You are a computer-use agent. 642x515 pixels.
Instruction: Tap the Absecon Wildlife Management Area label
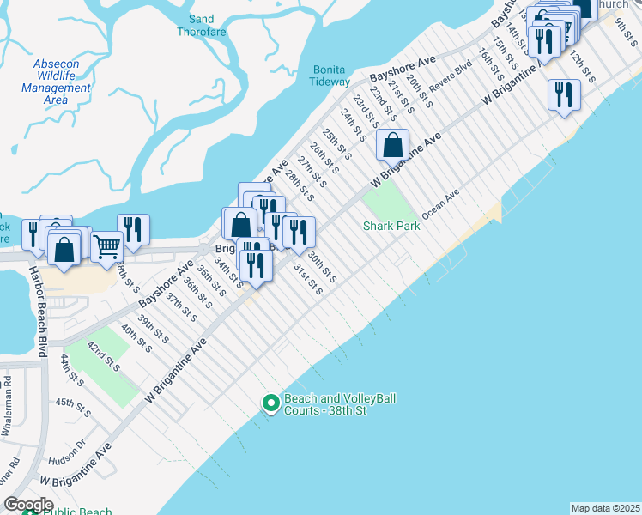coord(57,82)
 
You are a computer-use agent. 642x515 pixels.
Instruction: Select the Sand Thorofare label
coord(200,25)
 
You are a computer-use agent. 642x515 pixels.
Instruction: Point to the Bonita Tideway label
coord(330,76)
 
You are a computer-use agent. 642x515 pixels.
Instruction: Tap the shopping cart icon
coord(106,246)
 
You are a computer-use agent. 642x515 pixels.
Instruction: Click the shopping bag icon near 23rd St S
coord(392,145)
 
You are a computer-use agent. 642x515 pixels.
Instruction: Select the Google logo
coord(27,504)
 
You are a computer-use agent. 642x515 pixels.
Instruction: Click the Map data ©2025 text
coord(605,508)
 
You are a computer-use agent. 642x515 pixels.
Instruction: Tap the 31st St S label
coord(308,279)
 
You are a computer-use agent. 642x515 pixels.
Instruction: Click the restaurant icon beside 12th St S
coord(563,94)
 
